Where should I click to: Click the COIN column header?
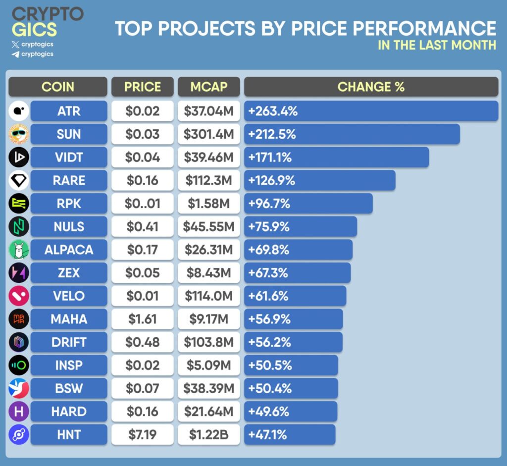[x=58, y=87]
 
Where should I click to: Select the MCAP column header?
[x=209, y=87]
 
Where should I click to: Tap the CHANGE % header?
[x=371, y=87]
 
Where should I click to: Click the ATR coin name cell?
[x=69, y=111]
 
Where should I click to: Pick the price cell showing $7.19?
[x=142, y=435]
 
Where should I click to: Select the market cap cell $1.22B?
[x=209, y=435]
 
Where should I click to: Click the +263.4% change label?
[x=273, y=111]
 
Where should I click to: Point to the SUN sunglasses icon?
[x=19, y=134]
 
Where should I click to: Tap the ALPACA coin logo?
[x=19, y=250]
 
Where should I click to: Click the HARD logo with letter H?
[x=19, y=412]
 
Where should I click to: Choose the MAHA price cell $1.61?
[x=142, y=319]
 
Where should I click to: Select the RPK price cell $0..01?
[x=142, y=204]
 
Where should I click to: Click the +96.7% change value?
[x=269, y=204]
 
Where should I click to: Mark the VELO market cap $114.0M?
[x=209, y=296]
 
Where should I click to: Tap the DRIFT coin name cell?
[x=69, y=342]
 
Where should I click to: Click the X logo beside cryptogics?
[x=15, y=44]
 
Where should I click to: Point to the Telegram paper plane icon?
[x=15, y=54]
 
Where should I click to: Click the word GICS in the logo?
[x=34, y=30]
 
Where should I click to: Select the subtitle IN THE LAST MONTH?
[x=437, y=45]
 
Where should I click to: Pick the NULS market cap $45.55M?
[x=209, y=227]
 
